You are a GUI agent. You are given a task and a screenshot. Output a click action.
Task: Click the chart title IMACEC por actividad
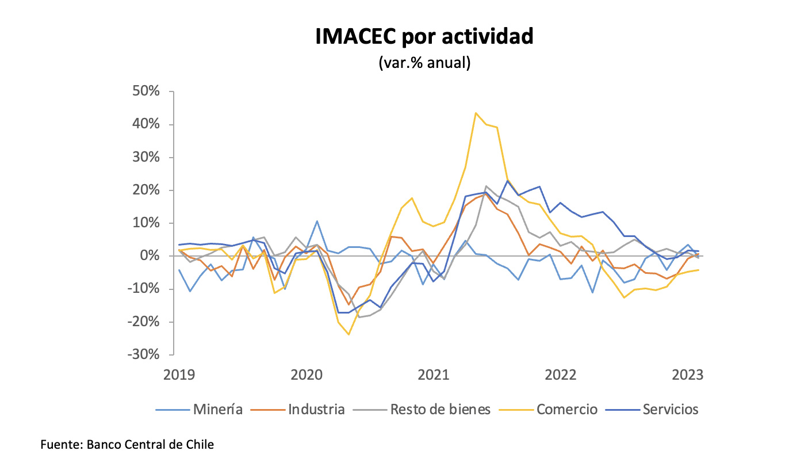(x=424, y=37)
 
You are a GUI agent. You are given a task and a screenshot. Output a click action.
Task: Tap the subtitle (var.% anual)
(x=424, y=62)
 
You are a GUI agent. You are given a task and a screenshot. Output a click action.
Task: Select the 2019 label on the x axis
(x=179, y=375)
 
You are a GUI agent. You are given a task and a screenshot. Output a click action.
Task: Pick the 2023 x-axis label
(x=688, y=375)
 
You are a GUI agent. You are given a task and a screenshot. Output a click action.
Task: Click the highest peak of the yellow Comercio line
(x=476, y=113)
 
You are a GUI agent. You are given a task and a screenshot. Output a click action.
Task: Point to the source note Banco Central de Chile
(x=127, y=445)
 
